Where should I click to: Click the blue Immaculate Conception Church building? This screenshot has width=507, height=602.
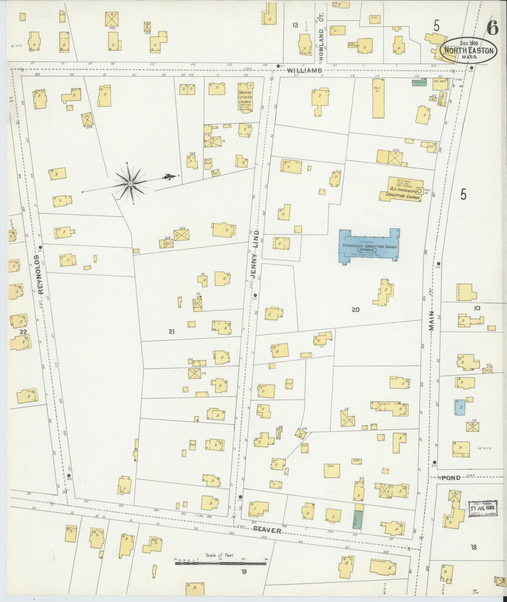(368, 246)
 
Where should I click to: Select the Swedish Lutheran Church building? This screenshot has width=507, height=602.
(245, 97)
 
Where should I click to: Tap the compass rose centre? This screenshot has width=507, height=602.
(131, 183)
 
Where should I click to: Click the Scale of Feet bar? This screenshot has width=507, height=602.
(220, 563)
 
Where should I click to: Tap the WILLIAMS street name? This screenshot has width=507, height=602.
(304, 71)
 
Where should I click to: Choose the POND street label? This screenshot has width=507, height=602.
(451, 478)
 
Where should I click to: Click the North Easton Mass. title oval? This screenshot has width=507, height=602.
(468, 50)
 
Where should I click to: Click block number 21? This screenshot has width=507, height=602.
(172, 331)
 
